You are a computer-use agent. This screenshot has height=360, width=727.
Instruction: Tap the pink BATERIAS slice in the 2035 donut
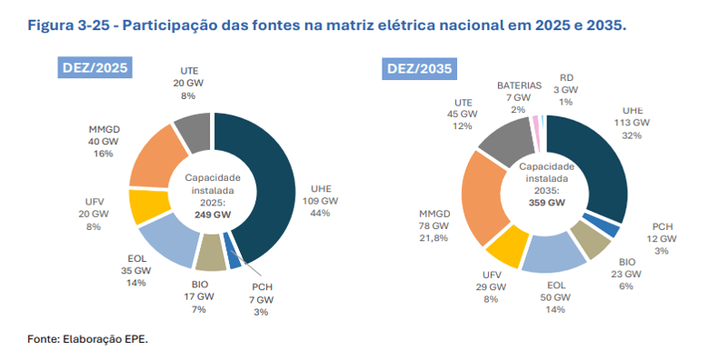[536, 123]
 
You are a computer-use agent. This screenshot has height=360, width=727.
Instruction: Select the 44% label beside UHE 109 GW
[320, 213]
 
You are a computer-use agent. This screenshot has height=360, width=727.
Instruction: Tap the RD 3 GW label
[567, 90]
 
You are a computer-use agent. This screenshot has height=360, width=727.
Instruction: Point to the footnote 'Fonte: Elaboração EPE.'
[87, 339]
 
